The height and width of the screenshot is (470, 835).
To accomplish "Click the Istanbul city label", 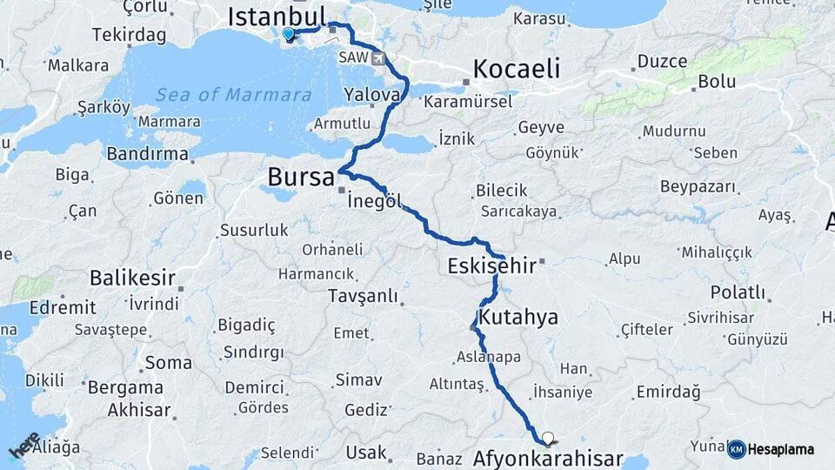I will tap(276, 16).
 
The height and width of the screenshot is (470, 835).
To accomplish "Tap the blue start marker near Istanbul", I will tap(288, 34).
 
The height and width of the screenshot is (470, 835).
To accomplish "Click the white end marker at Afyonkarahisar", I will tap(547, 438).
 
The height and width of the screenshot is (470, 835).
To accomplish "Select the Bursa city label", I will tap(300, 177).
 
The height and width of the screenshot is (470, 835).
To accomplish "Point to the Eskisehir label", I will tap(491, 265).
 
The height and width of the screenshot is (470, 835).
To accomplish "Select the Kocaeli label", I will tap(517, 69).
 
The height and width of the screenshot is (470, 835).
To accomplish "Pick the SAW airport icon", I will tap(378, 58).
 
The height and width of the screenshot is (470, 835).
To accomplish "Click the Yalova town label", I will tap(371, 93).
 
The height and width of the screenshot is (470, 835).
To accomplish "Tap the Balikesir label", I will tap(132, 279).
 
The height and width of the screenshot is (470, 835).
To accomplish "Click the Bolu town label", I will tap(716, 82).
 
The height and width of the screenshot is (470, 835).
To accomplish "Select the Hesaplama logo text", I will tap(781, 449).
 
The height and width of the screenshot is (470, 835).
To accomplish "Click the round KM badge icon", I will tap(736, 449).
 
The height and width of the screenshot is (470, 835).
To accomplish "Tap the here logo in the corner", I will tap(23, 444).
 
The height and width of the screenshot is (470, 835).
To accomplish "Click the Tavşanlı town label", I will tap(363, 296).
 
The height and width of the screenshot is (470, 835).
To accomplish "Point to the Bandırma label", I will tap(147, 154).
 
